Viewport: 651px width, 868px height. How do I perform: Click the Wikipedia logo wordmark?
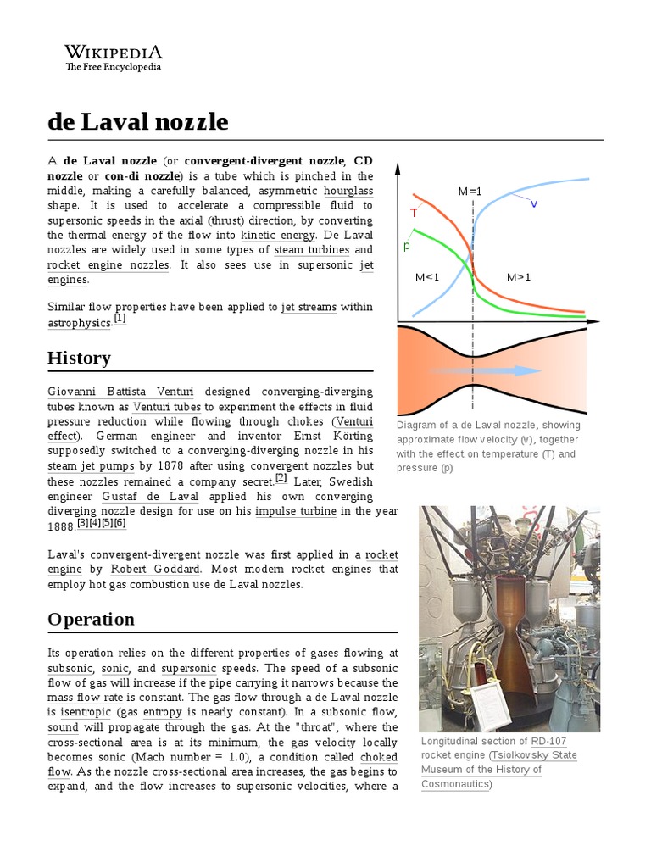pos(113,52)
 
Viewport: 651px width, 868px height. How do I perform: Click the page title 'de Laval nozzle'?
pos(137,122)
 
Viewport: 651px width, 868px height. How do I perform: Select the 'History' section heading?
pos(79,358)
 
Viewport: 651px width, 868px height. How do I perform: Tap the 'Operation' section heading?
pos(91,619)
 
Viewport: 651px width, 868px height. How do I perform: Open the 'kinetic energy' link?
pos(278,235)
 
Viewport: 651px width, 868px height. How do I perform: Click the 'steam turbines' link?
pos(311,250)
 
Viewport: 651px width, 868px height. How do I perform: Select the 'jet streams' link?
pos(309,307)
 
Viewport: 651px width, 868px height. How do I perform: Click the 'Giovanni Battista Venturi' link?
pos(120,392)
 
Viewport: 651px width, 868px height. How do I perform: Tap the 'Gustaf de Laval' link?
pos(150,496)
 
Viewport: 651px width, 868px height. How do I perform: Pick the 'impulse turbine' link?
pos(296,511)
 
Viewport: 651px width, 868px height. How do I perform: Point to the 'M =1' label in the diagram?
pos(470,192)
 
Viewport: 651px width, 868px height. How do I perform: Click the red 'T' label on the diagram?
pos(414,212)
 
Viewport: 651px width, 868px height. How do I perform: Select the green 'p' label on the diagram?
pos(407,245)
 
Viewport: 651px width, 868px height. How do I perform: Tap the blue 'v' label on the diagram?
pos(534,203)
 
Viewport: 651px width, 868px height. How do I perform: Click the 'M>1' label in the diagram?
pos(518,277)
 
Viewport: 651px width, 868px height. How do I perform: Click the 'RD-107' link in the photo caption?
pos(549,741)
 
